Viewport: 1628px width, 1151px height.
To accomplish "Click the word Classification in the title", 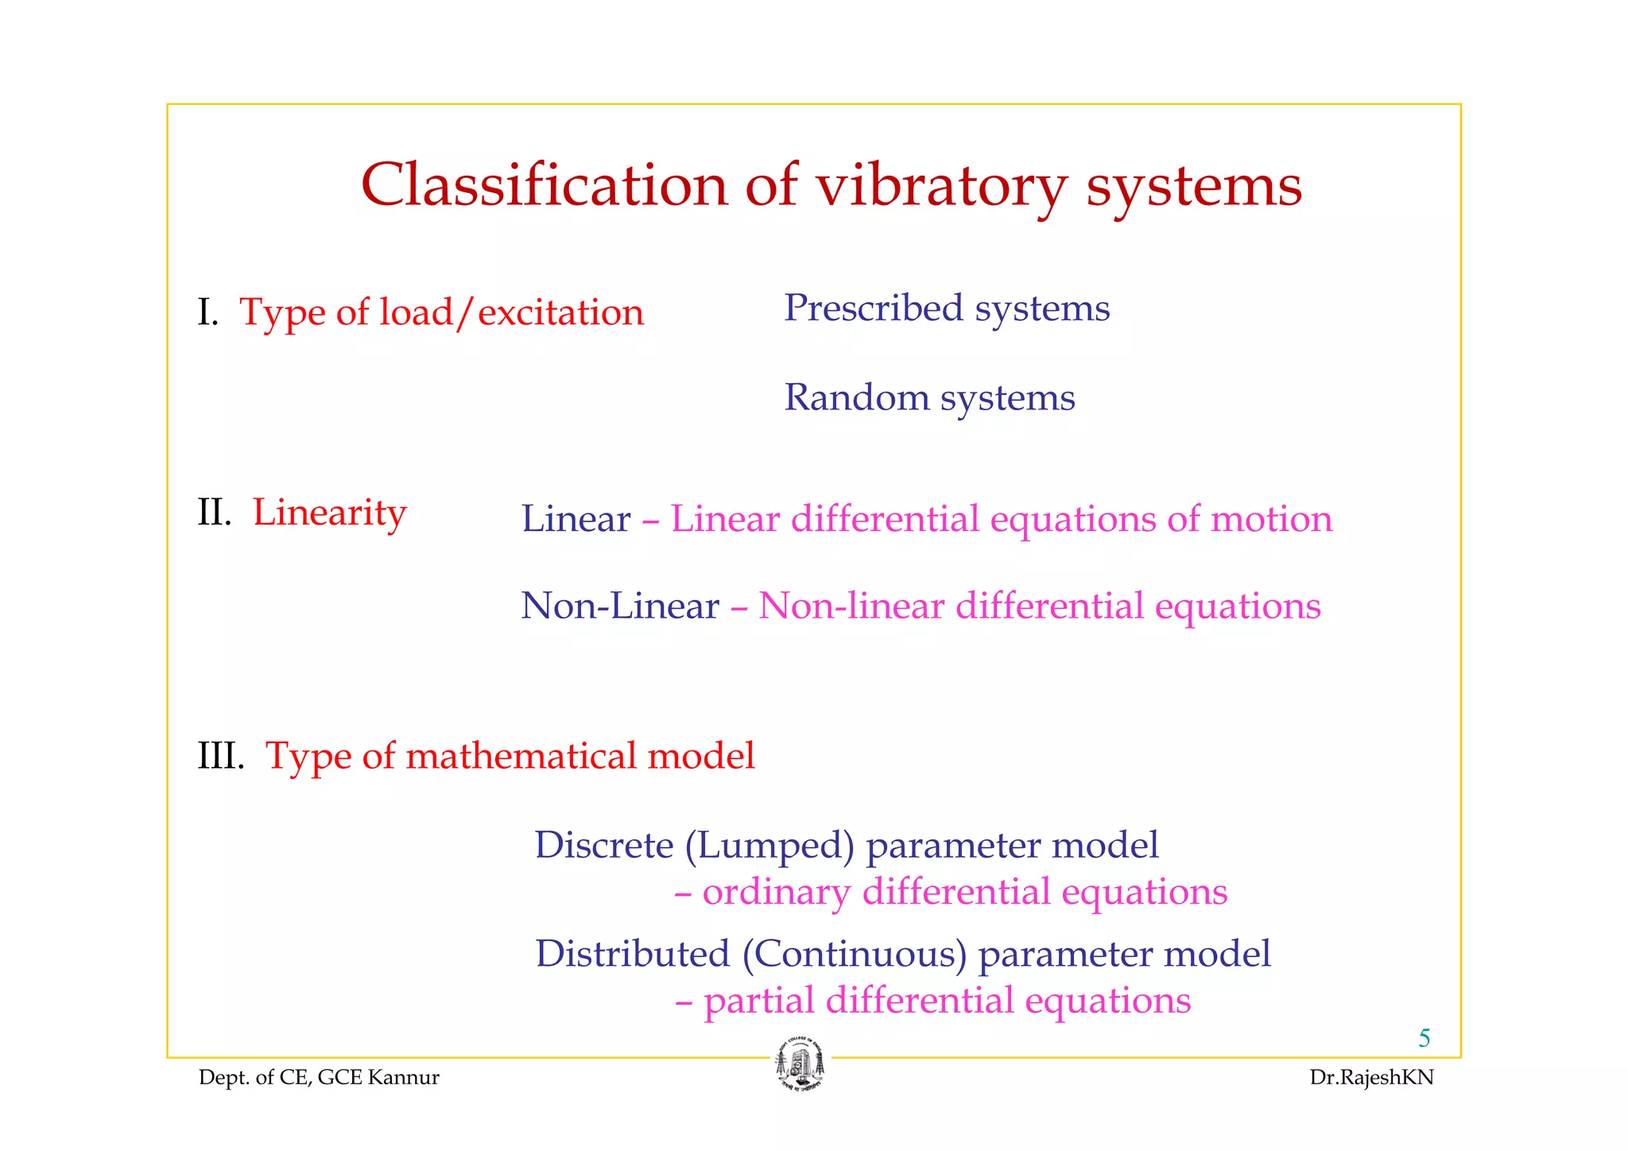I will pyautogui.click(x=545, y=185).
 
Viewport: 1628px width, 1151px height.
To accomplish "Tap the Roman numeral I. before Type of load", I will pyautogui.click(x=207, y=312).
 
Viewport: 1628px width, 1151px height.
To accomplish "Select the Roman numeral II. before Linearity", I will pyautogui.click(x=214, y=513).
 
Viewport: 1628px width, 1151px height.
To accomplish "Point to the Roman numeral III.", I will pyautogui.click(x=220, y=755).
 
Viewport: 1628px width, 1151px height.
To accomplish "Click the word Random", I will pyautogui.click(x=856, y=397).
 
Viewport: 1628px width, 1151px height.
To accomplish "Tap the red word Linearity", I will pyautogui.click(x=329, y=513).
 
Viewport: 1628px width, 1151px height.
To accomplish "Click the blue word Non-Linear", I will pyautogui.click(x=620, y=606).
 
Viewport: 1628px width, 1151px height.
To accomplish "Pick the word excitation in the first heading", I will pyautogui.click(x=560, y=312).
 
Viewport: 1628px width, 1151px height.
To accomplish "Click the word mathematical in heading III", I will pyautogui.click(x=521, y=755).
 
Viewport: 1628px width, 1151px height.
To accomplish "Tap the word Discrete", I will pyautogui.click(x=604, y=844).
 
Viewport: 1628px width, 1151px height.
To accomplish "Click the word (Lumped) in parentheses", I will pyautogui.click(x=769, y=846).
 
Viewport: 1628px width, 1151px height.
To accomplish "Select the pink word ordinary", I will pyautogui.click(x=776, y=892).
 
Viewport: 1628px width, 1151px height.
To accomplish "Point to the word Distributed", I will pyautogui.click(x=632, y=954).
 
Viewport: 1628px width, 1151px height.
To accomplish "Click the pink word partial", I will pyautogui.click(x=758, y=1001).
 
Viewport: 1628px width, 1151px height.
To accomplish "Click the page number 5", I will pyautogui.click(x=1424, y=1038).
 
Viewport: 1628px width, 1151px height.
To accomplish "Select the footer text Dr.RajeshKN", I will pyautogui.click(x=1372, y=1078).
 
